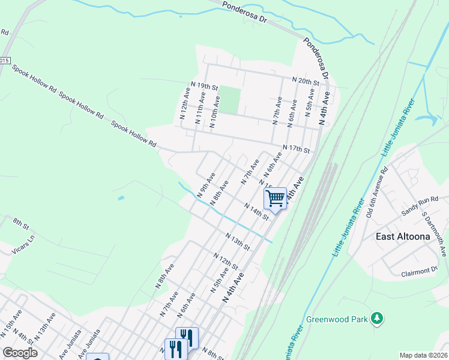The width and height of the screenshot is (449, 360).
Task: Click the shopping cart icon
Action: pos(276,197)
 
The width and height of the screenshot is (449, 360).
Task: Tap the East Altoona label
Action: pos(403,236)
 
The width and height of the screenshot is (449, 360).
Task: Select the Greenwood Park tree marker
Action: pos(377,318)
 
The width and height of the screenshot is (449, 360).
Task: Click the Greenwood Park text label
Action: pos(336,319)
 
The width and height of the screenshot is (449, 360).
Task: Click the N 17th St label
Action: pos(296,148)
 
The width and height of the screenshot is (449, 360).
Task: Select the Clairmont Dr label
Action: pos(419,273)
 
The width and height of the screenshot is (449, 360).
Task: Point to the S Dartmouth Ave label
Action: pos(433,234)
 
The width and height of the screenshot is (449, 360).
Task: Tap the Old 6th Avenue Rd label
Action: pos(377,193)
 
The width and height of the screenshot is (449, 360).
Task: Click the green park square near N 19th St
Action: pos(229,100)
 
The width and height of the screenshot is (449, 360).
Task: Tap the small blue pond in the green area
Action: pos(121,197)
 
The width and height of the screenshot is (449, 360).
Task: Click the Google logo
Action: pos(20,353)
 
